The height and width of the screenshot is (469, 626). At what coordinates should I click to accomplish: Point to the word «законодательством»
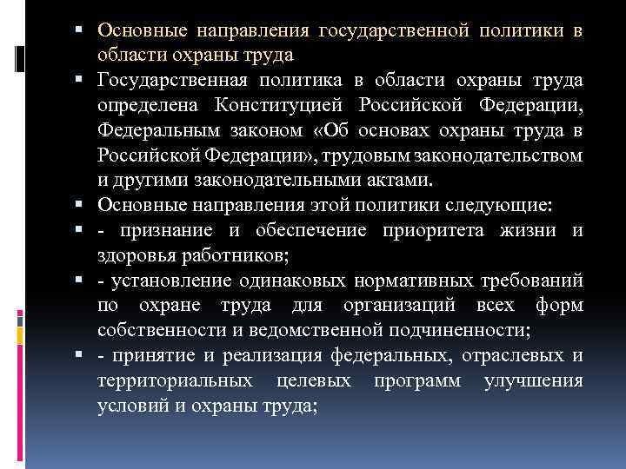coord(490,155)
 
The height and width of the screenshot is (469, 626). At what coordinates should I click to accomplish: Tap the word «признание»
coord(164,231)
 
